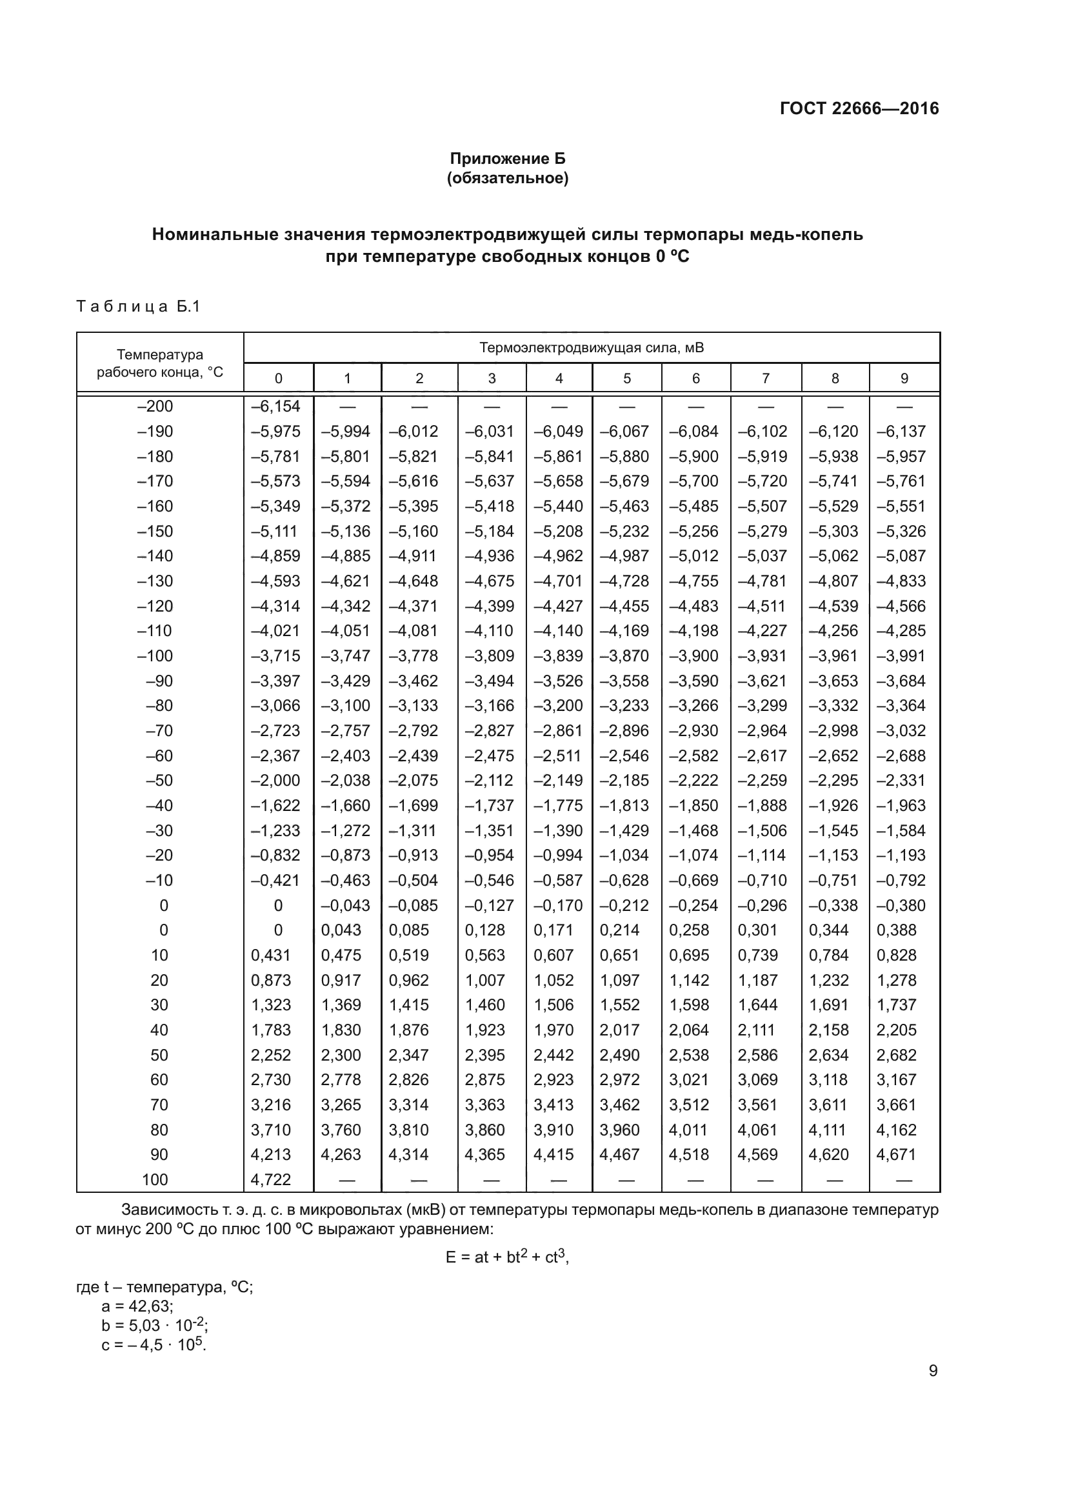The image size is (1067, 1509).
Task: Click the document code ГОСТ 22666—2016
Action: point(859,108)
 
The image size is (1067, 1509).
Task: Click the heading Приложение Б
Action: point(507,159)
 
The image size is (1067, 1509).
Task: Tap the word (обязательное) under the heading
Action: point(507,178)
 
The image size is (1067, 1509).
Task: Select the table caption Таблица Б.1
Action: point(138,306)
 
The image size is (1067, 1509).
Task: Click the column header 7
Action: point(766,379)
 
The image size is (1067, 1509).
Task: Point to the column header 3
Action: point(492,379)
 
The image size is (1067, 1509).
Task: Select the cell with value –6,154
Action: point(276,406)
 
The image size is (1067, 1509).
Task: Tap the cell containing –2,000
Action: point(276,780)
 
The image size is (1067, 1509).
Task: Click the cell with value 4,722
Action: point(271,1180)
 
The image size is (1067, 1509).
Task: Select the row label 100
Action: point(155,1180)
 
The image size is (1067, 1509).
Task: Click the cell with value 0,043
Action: point(341,930)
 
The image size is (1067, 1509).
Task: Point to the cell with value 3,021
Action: point(688,1080)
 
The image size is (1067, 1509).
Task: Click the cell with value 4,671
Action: point(896,1155)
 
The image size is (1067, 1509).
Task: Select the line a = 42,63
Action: point(137,1306)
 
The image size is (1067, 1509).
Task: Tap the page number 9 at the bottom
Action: point(933,1371)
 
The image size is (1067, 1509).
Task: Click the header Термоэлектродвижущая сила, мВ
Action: point(592,348)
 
